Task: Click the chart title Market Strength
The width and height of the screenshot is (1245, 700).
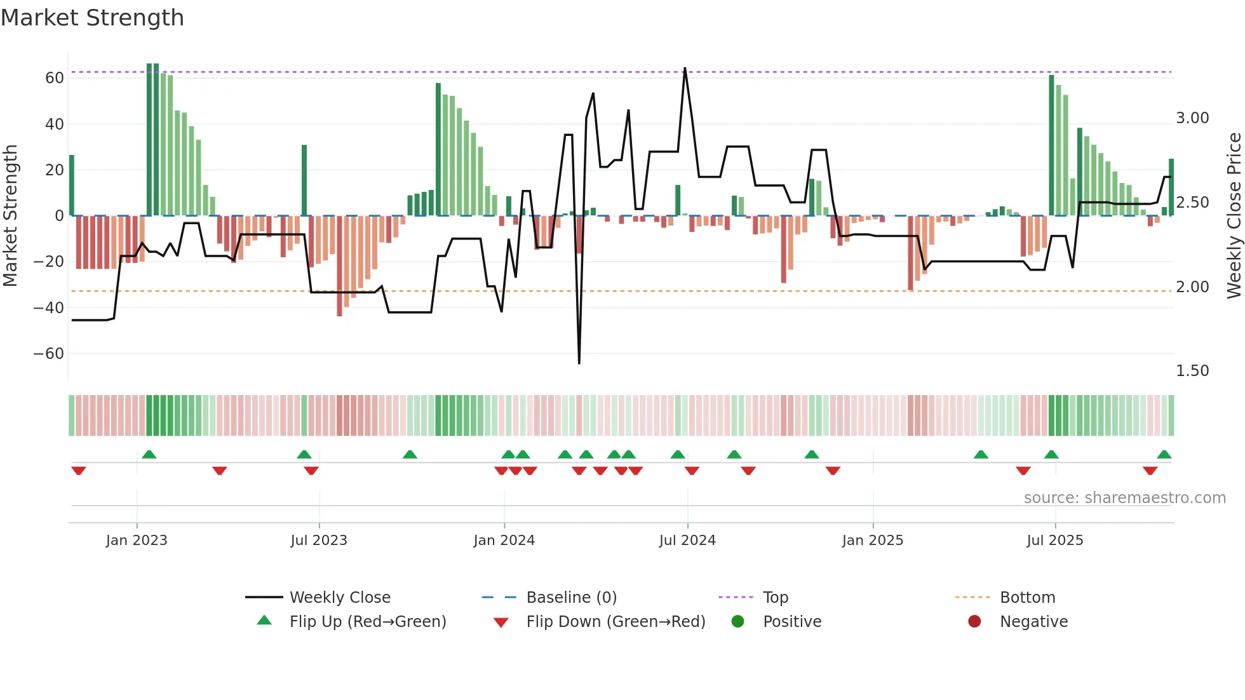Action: pyautogui.click(x=92, y=18)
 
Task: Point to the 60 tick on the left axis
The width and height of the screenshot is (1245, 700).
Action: pyautogui.click(x=55, y=78)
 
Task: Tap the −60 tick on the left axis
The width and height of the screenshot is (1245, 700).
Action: pyautogui.click(x=49, y=354)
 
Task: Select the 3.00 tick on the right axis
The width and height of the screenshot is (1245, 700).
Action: pyautogui.click(x=1192, y=118)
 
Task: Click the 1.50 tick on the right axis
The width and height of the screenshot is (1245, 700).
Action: pyautogui.click(x=1192, y=371)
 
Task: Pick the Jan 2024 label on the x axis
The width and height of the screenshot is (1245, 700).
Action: pyautogui.click(x=504, y=541)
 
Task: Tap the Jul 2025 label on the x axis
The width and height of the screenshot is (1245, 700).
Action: pyautogui.click(x=1055, y=541)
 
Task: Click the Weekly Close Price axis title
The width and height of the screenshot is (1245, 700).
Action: pyautogui.click(x=1234, y=216)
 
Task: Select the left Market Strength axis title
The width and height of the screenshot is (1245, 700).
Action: pyautogui.click(x=10, y=216)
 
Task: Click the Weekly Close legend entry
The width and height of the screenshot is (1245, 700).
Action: pyautogui.click(x=340, y=598)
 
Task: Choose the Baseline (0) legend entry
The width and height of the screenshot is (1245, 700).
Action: pyautogui.click(x=572, y=598)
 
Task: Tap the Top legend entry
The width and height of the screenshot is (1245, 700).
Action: pyautogui.click(x=776, y=598)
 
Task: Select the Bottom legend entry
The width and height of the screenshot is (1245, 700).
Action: pyautogui.click(x=1027, y=598)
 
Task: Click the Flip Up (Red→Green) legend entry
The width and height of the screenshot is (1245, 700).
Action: pyautogui.click(x=368, y=622)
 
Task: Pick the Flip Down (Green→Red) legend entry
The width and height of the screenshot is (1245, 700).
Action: pyautogui.click(x=616, y=622)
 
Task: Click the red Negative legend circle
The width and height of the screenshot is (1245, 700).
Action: pyautogui.click(x=974, y=622)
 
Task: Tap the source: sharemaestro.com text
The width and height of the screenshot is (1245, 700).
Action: pyautogui.click(x=1124, y=498)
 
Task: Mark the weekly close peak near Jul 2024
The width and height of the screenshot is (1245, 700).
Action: pyautogui.click(x=685, y=68)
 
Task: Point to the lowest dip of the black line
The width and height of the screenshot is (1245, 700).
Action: pyautogui.click(x=579, y=363)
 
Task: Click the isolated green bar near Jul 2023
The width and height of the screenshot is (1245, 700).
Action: pyautogui.click(x=304, y=180)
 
